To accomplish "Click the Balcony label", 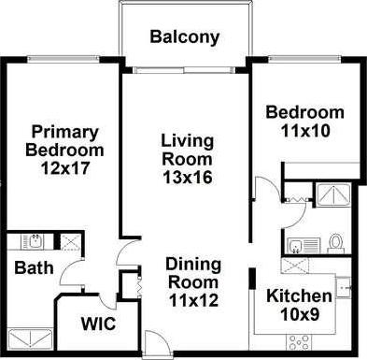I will [x=185, y=38].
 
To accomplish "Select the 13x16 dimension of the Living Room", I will [x=188, y=175].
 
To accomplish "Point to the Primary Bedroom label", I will [x=64, y=139].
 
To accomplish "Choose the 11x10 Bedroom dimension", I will [x=304, y=131].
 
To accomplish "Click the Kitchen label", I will [x=298, y=296].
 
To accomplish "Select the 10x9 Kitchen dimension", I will [x=298, y=315].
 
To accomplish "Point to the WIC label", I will [x=96, y=324].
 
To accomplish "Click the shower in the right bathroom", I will [x=332, y=194].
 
